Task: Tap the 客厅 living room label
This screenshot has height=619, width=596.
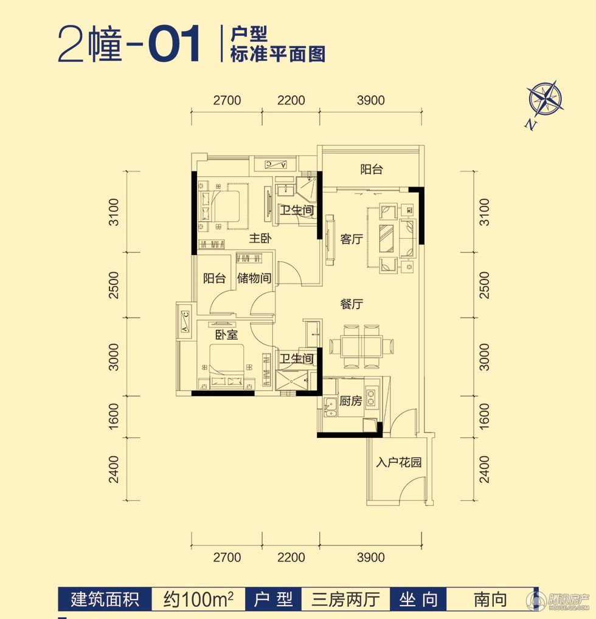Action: pyautogui.click(x=352, y=239)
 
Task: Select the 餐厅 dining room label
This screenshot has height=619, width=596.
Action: pyautogui.click(x=352, y=304)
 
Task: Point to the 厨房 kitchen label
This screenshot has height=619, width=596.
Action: pyautogui.click(x=350, y=401)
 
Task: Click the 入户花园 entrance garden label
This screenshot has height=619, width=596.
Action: pyautogui.click(x=399, y=462)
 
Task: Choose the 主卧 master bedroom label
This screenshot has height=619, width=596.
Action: pyautogui.click(x=260, y=238)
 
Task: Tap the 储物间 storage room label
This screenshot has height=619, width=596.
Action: pyautogui.click(x=254, y=278)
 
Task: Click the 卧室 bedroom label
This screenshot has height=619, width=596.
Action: pyautogui.click(x=226, y=335)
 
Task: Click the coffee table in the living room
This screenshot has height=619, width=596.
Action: pyautogui.click(x=387, y=238)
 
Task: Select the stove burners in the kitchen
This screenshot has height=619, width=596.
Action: pyautogui.click(x=371, y=398)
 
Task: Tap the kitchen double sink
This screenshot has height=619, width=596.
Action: pyautogui.click(x=330, y=408)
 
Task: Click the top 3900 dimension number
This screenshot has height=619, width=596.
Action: pyautogui.click(x=371, y=100)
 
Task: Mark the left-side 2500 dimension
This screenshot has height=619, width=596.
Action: pyautogui.click(x=114, y=285)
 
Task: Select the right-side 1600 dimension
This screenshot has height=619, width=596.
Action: pyautogui.click(x=484, y=416)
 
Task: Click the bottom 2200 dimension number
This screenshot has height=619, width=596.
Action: pyautogui.click(x=291, y=558)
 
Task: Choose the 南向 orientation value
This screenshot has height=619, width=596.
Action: pyautogui.click(x=490, y=600)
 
